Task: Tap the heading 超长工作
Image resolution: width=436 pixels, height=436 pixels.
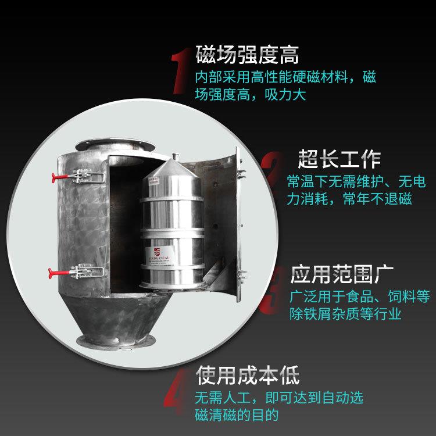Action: [339, 158]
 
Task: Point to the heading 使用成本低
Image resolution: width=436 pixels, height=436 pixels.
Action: [247, 375]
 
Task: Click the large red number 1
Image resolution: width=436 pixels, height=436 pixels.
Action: [181, 71]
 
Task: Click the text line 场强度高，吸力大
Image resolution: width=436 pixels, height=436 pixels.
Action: [250, 94]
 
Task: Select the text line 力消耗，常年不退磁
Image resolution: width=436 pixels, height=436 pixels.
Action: [349, 199]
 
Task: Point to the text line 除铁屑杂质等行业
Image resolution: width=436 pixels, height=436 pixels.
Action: [345, 314]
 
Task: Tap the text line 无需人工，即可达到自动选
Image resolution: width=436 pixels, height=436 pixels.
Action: [278, 398]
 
